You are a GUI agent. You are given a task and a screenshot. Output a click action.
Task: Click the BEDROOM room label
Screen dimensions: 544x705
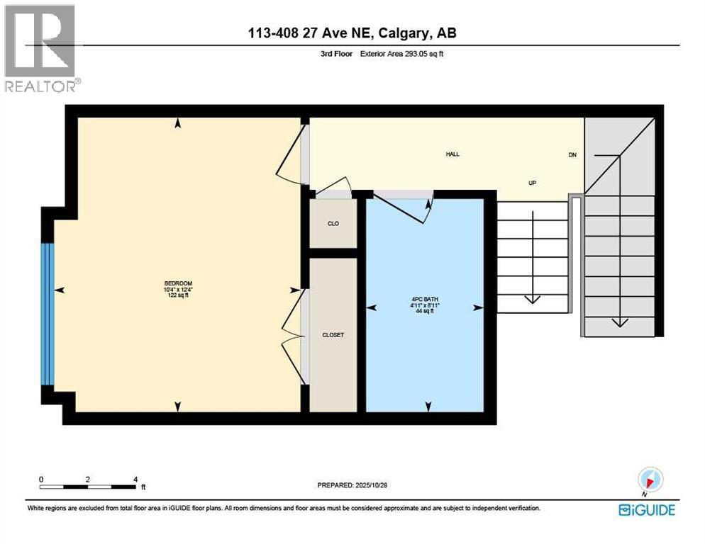[177, 284]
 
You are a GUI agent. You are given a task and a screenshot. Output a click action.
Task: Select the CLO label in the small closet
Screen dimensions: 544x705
[333, 224]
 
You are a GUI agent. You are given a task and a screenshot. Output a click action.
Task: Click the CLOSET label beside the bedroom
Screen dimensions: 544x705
[333, 335]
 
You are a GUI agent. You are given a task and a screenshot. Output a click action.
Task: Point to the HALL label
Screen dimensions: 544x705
[452, 154]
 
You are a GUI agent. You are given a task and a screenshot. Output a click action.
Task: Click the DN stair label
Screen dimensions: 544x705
[572, 154]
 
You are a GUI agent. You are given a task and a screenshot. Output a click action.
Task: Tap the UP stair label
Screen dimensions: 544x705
[532, 183]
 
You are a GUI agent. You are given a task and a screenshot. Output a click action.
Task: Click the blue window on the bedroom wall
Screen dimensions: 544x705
[48, 314]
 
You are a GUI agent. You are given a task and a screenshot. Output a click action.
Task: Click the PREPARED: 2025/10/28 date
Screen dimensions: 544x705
[352, 485]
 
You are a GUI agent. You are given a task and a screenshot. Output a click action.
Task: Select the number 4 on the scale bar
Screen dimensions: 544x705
[135, 479]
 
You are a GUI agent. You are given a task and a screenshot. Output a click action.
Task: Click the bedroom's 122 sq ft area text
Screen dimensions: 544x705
[177, 296]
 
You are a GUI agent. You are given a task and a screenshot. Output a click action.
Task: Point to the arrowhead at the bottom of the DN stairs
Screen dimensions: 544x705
[620, 322]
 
